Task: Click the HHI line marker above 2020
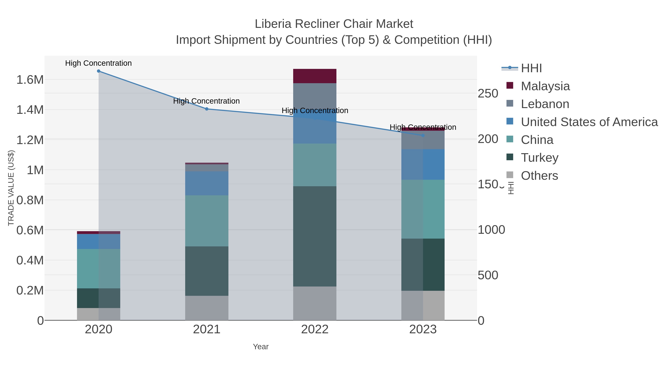99,71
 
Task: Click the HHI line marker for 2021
207,109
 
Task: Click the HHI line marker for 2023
423,136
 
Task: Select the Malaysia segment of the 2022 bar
315,76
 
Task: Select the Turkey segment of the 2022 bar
315,236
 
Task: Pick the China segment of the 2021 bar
207,221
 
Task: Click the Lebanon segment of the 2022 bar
315,96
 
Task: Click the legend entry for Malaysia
545,86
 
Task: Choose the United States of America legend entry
589,122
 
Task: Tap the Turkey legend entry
539,157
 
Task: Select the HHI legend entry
531,68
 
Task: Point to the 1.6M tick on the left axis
30,80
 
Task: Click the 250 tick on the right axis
488,94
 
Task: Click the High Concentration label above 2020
98,63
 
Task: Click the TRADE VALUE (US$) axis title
11,188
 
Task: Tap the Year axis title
261,347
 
